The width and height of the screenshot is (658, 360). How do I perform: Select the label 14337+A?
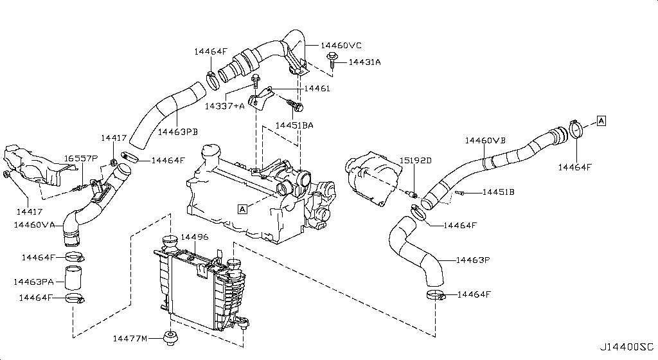point(225,106)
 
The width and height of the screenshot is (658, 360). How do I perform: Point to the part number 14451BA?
point(294,125)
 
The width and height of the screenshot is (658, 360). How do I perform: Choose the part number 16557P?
point(81,158)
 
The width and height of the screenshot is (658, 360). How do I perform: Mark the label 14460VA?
point(34,225)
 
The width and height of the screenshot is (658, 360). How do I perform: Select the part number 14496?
point(194,237)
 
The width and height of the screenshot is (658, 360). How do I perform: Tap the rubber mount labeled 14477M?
point(172,337)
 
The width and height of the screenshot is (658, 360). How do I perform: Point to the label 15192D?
point(415,159)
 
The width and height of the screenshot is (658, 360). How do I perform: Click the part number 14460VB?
point(485,139)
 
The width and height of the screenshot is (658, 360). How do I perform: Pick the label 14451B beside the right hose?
point(499,192)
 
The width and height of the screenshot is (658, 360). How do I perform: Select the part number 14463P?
point(473,260)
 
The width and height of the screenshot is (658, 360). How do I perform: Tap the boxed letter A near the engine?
point(242,208)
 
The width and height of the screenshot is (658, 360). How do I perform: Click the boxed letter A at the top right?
point(601,120)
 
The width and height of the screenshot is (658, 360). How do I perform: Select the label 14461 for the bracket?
point(317,88)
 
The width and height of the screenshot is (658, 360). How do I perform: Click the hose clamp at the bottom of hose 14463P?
point(436,295)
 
